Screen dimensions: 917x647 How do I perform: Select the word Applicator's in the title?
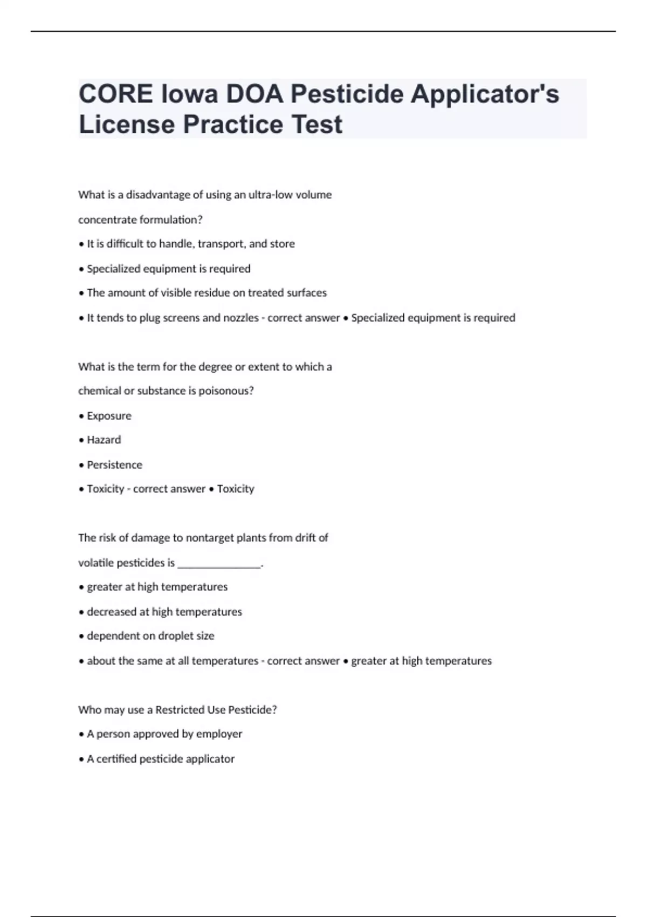coord(485,94)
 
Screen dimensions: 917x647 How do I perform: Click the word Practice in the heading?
coord(233,125)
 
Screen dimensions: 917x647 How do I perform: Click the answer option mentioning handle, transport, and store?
coord(190,244)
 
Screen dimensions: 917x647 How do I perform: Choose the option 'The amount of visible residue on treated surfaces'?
coord(207,293)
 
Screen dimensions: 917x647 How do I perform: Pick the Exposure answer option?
coord(109,416)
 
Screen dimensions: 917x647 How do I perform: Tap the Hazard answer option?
coord(104,440)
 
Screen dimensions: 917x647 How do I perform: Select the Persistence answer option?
coord(114,465)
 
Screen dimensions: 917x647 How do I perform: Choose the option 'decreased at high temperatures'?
coord(164,612)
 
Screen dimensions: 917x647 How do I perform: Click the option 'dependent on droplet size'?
coord(150,636)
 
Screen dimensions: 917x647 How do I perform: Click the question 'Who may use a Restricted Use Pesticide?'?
coord(177,710)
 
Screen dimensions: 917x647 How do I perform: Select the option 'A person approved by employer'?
coord(164,734)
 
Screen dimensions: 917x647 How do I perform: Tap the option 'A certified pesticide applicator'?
coord(161,759)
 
